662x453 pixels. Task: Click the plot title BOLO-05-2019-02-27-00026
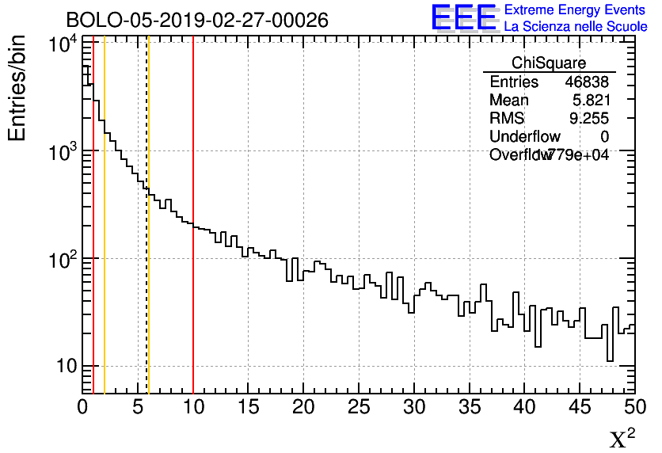click(197, 20)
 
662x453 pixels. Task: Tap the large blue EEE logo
click(463, 17)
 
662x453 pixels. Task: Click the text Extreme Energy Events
click(576, 10)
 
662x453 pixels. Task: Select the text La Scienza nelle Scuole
click(576, 26)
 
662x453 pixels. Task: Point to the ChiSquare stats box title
click(549, 63)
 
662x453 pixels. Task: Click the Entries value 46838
click(587, 82)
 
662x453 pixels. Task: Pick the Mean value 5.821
click(591, 101)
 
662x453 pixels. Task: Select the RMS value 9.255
click(589, 119)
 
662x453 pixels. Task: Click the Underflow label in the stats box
click(524, 137)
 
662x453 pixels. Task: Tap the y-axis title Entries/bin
click(17, 88)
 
